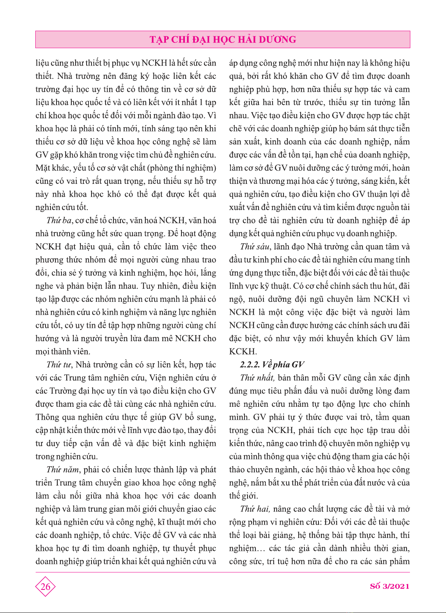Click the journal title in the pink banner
(223, 40)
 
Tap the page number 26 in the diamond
(46, 587)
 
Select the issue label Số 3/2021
(389, 586)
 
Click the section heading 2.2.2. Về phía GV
(272, 365)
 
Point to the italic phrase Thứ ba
(59, 221)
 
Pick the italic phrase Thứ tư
(59, 365)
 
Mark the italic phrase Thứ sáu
(255, 247)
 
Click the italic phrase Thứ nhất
(257, 378)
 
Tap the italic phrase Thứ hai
(255, 509)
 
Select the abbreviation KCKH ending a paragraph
(243, 352)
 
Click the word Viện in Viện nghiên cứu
(158, 378)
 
